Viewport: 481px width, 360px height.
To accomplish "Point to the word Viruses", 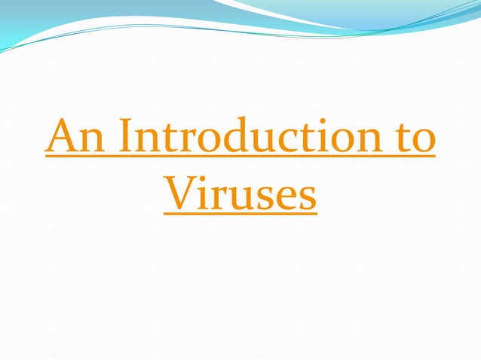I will coord(240,194).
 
